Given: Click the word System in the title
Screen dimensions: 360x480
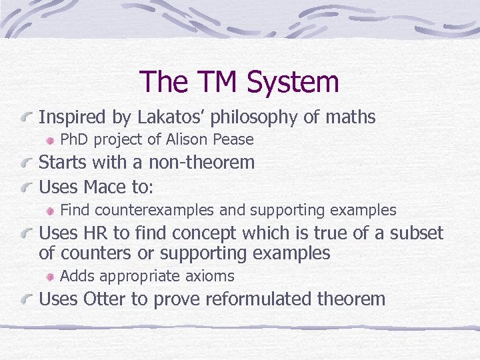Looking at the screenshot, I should (x=293, y=83).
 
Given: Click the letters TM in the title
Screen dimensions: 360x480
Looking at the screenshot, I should (x=217, y=83).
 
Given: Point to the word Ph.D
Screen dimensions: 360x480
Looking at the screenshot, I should (x=75, y=139).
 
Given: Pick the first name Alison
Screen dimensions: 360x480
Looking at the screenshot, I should (x=187, y=139).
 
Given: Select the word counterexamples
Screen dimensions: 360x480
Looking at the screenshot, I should (x=155, y=211).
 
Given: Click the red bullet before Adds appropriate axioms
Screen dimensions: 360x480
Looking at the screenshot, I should (x=51, y=277).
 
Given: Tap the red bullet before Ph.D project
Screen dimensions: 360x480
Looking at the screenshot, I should (x=51, y=140).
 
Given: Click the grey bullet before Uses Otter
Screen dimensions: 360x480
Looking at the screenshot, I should (x=28, y=299).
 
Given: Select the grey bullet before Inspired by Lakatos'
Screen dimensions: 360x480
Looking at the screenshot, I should (x=28, y=118).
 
